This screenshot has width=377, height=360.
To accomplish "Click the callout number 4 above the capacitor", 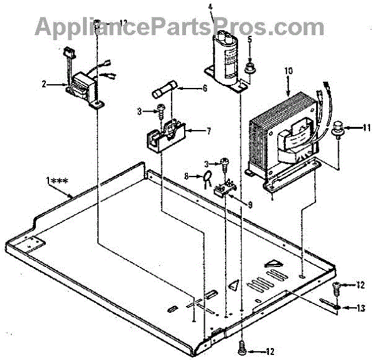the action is pos(210,9).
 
